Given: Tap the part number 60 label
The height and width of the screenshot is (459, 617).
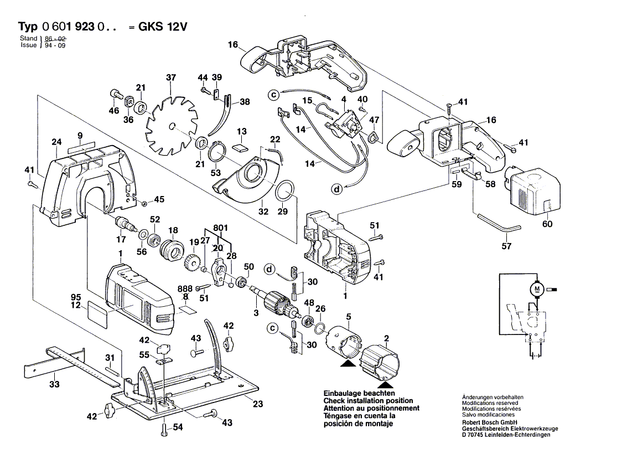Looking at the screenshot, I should pos(548,224).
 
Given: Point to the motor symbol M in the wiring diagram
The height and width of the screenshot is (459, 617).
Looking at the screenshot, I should pos(536,288).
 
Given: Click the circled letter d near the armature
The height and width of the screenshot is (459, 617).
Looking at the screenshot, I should pos(269,270).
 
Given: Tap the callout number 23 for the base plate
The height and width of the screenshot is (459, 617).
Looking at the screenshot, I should pos(257,404).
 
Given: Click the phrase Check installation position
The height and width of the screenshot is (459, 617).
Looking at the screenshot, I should pos(368,400).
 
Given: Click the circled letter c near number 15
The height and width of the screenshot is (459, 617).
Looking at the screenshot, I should pos(273,95).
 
